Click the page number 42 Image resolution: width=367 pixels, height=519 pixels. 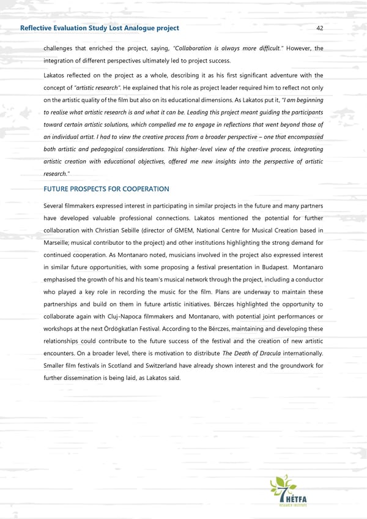tap(320, 28)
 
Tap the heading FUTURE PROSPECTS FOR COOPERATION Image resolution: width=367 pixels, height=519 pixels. tap(106, 189)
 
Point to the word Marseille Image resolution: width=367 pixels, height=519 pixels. tap(59, 243)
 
